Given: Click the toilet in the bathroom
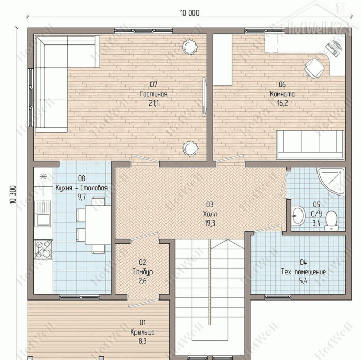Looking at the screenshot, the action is pos(331,220).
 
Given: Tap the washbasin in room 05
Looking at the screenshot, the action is pos(298,216).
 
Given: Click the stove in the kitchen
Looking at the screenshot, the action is pos(43,249).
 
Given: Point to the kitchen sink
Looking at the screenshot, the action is pos(42,213).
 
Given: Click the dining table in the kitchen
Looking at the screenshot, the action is pos(98,224).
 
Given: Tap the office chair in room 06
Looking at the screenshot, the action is pos(314,68).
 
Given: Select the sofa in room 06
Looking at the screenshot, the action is pos(310,144).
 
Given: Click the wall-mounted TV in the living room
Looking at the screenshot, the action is pos(204,97).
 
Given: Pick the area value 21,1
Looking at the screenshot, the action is pos(154,103).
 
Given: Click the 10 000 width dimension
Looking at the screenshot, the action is pos(190,13).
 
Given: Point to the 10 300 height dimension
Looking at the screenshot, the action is pos(13,194).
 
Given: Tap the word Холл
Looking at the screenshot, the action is pos(210,214).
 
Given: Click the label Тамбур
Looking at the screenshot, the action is pos(143,272).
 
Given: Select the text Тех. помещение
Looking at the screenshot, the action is pos(304,272).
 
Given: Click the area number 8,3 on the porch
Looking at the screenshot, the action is pos(142,341).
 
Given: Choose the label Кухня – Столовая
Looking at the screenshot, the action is pos(82,188).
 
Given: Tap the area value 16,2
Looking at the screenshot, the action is pos(282,103).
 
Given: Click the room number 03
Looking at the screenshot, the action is pos(209,205).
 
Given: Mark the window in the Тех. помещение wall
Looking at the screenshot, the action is pos(278,297).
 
